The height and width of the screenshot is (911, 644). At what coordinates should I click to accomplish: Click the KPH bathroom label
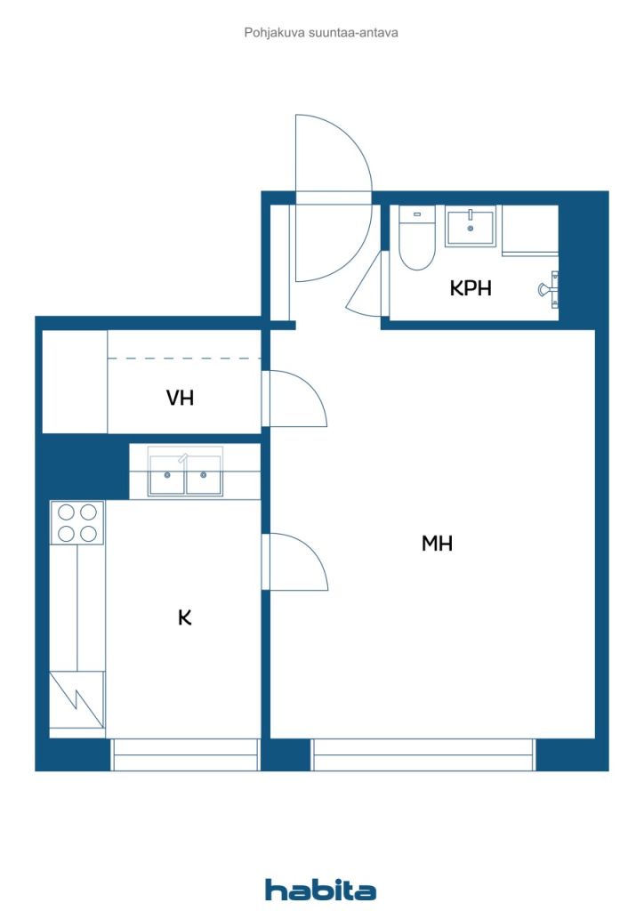pos(471,288)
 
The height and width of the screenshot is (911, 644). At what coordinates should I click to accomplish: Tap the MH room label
pos(437,544)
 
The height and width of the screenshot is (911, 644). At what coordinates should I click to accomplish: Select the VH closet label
pos(180,398)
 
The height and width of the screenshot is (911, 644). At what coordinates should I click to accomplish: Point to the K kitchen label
pos(185,617)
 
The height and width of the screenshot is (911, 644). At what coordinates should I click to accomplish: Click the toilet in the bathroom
pos(417,238)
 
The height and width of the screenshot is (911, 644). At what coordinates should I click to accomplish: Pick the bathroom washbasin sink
pos(471,227)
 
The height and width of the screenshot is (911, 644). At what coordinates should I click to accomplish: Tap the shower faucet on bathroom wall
pos(550,289)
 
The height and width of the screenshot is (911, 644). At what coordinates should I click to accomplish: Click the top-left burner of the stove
pos(66,512)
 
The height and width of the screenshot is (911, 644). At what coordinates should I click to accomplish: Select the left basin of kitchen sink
pos(167,475)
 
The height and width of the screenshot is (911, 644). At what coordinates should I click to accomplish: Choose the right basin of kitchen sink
pos(203,475)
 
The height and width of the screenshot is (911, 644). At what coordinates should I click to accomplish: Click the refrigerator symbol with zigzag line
pos(76,699)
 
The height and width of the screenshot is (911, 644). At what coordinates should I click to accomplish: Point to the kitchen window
pos(185,754)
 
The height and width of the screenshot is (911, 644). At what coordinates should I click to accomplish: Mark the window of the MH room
pos(423,754)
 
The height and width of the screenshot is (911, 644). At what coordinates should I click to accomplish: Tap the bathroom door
pos(366,283)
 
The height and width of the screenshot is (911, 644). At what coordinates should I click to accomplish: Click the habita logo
pos(320,890)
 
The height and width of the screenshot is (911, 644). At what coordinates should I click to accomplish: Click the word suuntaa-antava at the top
pos(353,33)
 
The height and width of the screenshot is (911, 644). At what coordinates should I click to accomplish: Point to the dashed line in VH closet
pos(184,359)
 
